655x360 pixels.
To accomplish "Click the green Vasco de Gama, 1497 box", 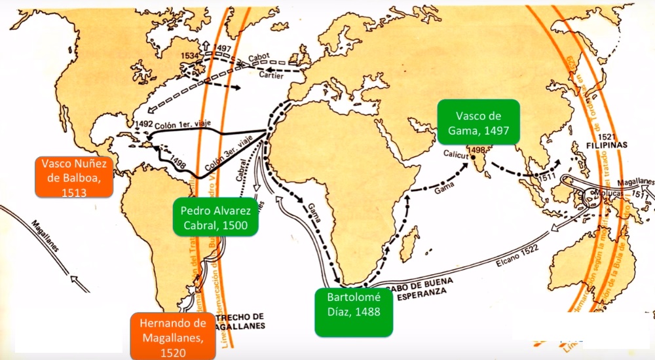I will [479, 122].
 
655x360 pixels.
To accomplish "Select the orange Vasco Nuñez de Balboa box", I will [74, 176].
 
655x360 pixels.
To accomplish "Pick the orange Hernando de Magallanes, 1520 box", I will [173, 335].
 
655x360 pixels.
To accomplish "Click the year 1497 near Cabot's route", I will [223, 48].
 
